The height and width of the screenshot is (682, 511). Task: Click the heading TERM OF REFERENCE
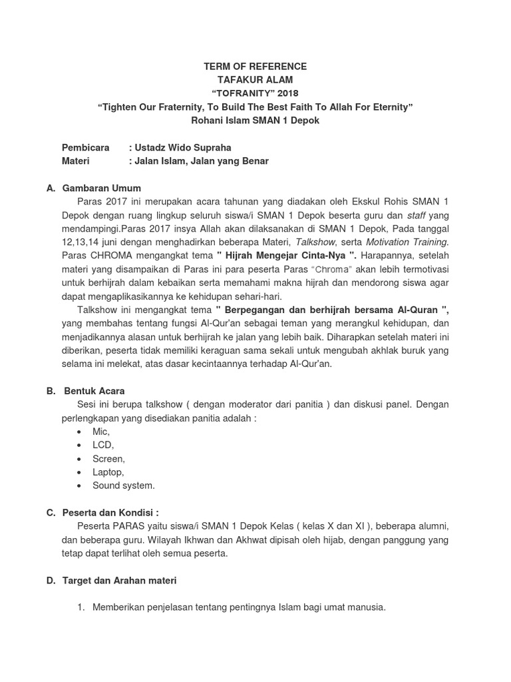255,67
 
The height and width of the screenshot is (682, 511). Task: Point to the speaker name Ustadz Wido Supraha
184,148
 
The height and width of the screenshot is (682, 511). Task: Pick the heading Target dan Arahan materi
120,581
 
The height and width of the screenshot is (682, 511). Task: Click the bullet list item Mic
101,432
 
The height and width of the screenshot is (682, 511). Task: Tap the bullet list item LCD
103,445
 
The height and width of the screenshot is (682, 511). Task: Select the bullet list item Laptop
108,472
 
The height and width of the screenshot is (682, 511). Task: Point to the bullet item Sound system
124,486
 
